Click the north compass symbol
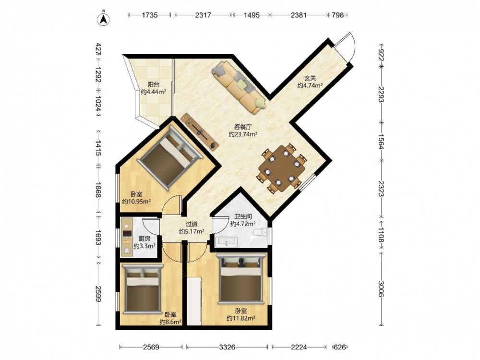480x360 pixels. coord(104,18)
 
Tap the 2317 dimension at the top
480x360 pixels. coord(203,15)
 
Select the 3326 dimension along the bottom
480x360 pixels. coord(227,347)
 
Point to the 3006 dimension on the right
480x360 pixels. coord(381,288)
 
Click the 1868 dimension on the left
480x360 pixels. coord(98,190)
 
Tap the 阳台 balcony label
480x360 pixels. coord(154,84)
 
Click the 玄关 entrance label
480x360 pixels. coord(310,78)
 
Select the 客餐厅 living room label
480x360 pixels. coord(243,127)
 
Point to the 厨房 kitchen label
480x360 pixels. coord(144,239)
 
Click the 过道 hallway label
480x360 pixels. coord(192,224)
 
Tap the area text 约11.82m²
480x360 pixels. coord(241,318)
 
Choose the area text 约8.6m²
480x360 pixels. coord(170,322)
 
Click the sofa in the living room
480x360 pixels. coord(239,86)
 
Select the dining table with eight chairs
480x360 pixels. coord(282,168)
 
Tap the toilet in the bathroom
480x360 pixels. coord(261,233)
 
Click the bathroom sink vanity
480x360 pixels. coord(226,242)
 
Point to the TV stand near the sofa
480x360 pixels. coord(200,132)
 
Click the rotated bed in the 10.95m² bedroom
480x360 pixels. coord(170,158)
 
